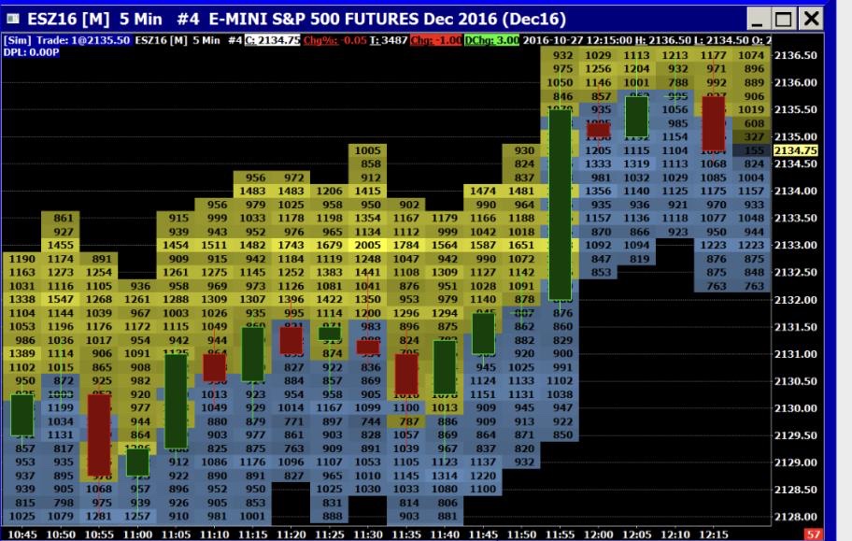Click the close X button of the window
click(x=811, y=18)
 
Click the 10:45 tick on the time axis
click(x=21, y=534)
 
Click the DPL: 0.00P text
click(x=32, y=51)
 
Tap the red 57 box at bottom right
click(x=814, y=534)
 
